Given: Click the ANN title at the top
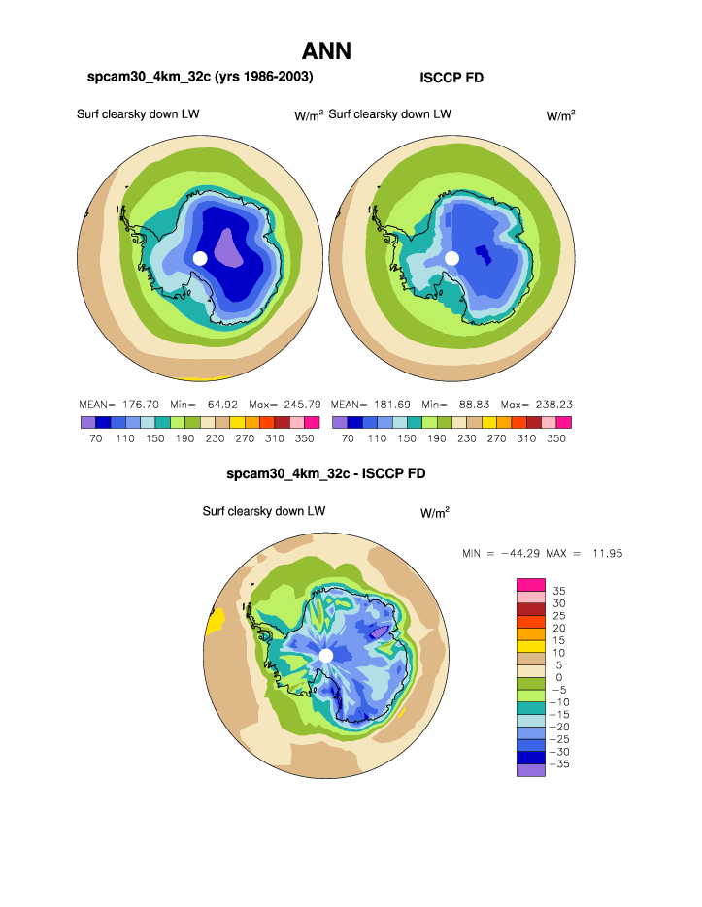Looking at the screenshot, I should pyautogui.click(x=326, y=50).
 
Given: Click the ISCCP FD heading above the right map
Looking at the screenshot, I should pyautogui.click(x=451, y=78).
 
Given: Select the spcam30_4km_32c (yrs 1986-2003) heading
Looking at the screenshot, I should pyautogui.click(x=200, y=77).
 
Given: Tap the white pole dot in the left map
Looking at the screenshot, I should pyautogui.click(x=200, y=258).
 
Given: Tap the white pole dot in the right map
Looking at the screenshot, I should pyautogui.click(x=451, y=258).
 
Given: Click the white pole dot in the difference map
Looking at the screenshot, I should pyautogui.click(x=326, y=656).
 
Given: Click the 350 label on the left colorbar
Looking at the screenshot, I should pyautogui.click(x=312, y=438).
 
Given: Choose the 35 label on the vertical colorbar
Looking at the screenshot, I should pyautogui.click(x=558, y=590).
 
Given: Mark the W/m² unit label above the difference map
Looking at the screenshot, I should pyautogui.click(x=434, y=512).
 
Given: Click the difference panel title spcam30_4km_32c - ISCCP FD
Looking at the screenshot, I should pyautogui.click(x=325, y=474).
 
